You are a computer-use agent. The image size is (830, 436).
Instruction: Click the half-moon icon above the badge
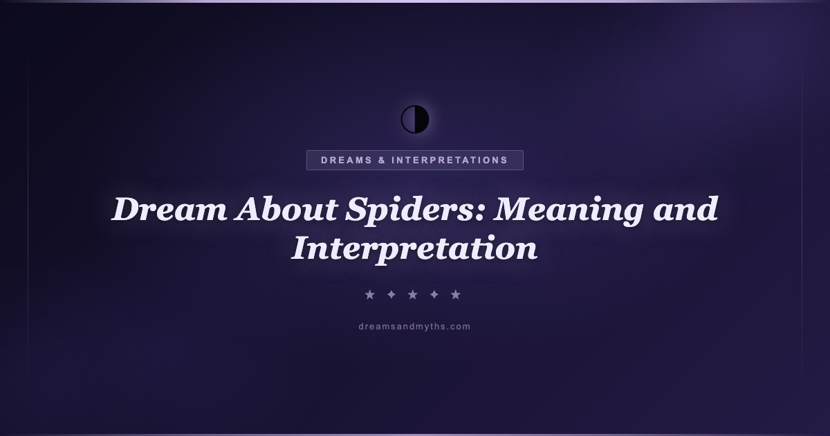[415, 119]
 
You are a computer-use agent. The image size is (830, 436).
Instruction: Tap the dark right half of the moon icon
[422, 119]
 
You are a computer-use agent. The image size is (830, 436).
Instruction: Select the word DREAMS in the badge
[347, 160]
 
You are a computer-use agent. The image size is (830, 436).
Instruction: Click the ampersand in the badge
[382, 160]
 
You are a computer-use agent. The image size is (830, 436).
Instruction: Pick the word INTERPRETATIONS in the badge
[450, 160]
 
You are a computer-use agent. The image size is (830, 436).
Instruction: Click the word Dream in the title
[169, 209]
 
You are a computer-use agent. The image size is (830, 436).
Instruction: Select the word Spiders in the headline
[410, 210]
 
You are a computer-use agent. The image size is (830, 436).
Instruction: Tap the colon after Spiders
[479, 214]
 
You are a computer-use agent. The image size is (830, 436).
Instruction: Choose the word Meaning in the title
[569, 210]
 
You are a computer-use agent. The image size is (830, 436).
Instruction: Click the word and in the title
[685, 209]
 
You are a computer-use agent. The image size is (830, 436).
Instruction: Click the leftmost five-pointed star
[370, 295]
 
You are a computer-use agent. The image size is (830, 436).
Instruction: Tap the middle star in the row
[413, 295]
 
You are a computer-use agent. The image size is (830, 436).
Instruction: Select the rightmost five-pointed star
[456, 295]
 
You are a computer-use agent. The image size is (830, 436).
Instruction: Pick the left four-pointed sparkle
[391, 295]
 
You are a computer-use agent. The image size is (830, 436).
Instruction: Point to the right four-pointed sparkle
[434, 295]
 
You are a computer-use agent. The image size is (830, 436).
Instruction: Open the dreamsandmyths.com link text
[414, 327]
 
